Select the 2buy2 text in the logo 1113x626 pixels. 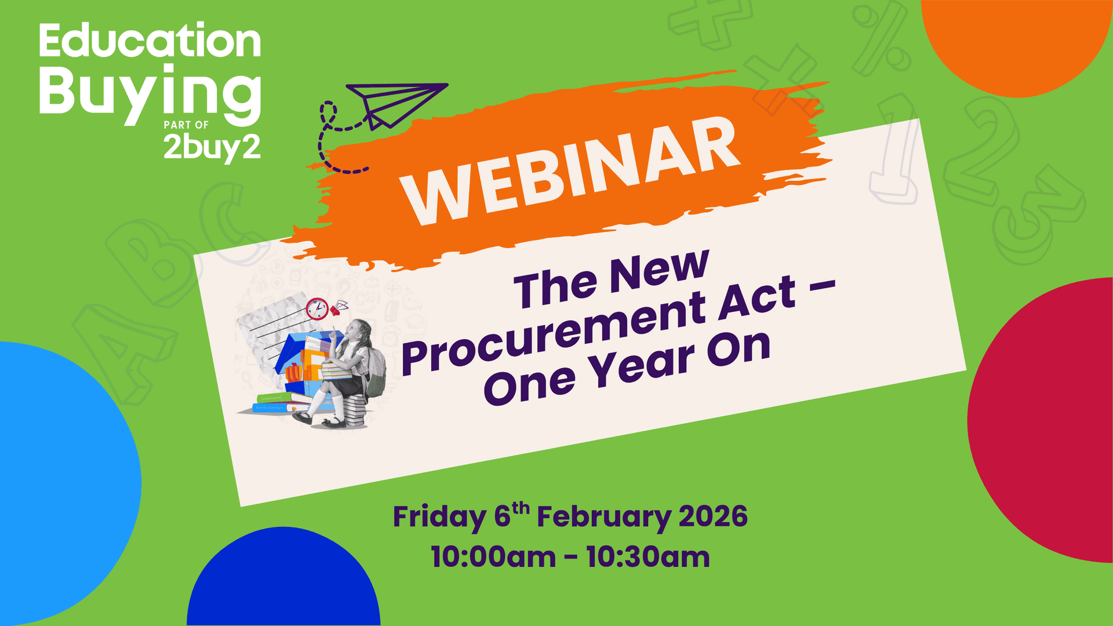click(212, 148)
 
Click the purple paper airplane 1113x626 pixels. click(394, 103)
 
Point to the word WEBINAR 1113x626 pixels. click(571, 171)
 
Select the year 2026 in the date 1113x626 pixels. click(713, 516)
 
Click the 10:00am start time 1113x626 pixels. click(493, 557)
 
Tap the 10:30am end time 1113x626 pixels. click(648, 557)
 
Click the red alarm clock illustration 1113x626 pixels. click(317, 308)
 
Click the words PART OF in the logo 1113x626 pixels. click(186, 125)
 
